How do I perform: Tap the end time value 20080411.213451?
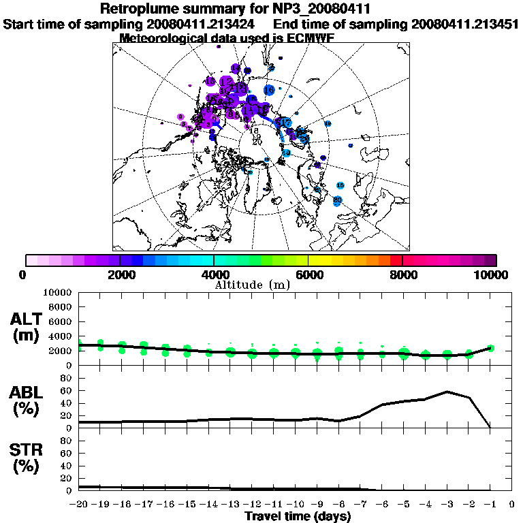(x=465, y=24)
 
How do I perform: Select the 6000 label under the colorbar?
(x=308, y=275)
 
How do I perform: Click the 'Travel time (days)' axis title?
(x=298, y=517)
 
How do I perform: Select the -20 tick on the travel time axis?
(x=79, y=505)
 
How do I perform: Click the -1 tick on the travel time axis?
(x=490, y=505)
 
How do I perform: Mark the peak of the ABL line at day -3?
(x=447, y=392)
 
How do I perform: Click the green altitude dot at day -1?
(x=490, y=348)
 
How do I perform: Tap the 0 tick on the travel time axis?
(x=512, y=505)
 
